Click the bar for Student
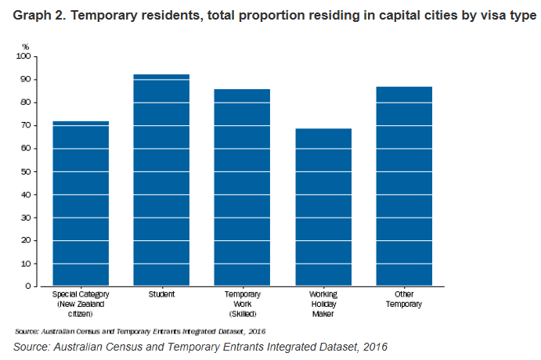point(161,180)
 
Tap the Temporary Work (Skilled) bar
point(242,188)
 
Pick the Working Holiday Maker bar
point(323,207)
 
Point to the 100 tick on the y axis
point(25,57)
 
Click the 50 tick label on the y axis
point(27,171)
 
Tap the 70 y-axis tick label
point(27,126)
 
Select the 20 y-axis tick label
point(27,240)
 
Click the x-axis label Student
point(161,294)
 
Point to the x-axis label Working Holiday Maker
point(323,304)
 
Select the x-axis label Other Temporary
point(404,299)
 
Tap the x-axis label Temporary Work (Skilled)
point(242,304)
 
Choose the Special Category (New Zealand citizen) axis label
point(80,304)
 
